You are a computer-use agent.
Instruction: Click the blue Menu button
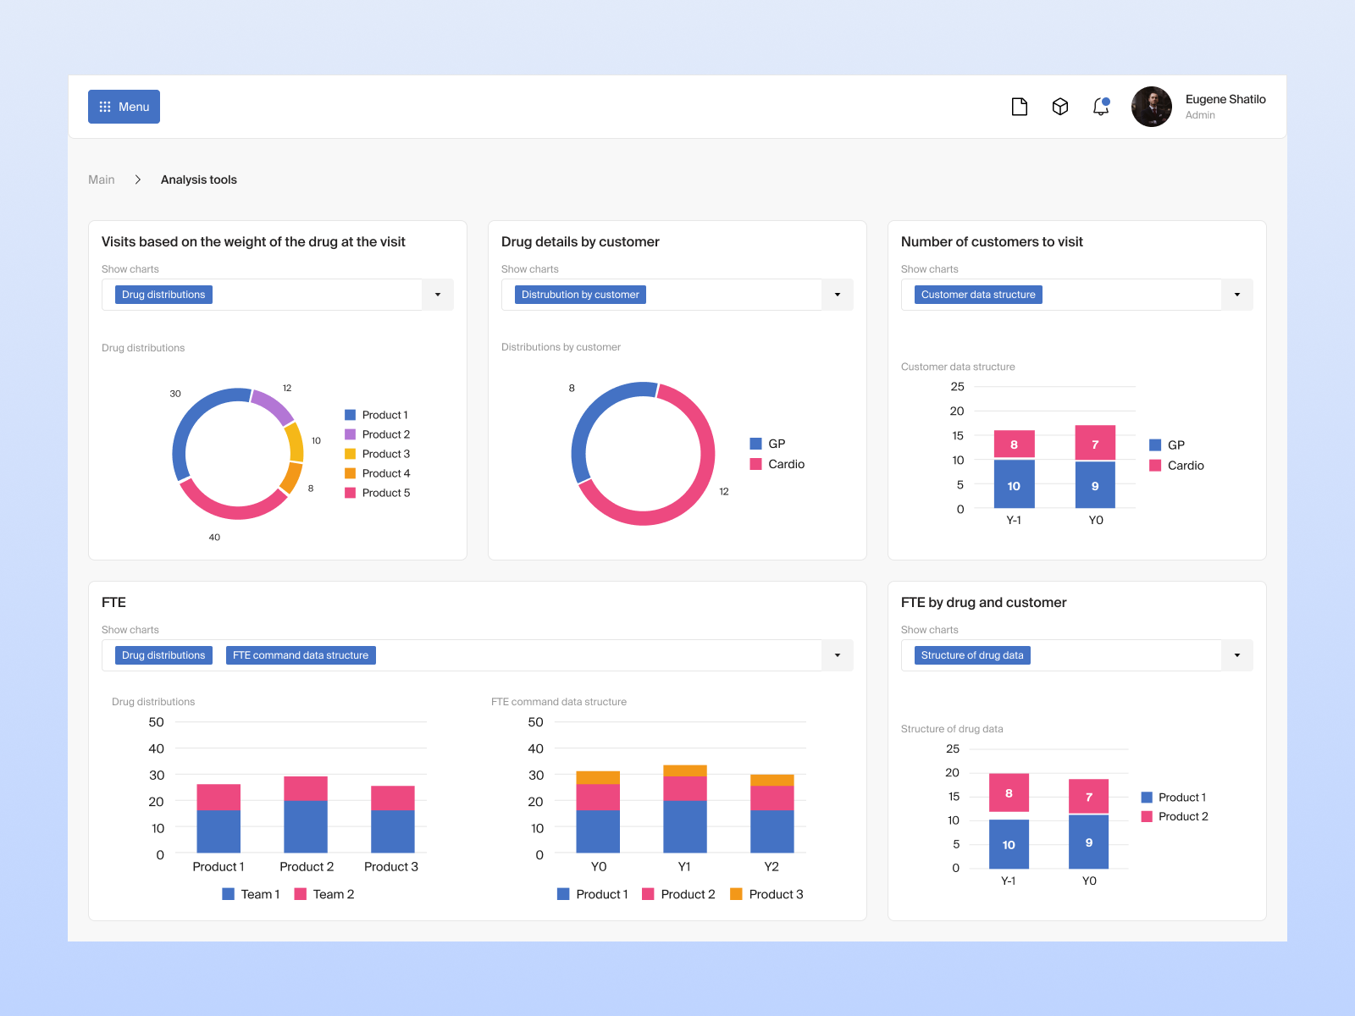[x=124, y=107]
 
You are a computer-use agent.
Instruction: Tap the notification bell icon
[x=1101, y=107]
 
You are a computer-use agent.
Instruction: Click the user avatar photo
[x=1152, y=107]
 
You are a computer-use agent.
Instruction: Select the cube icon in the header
[x=1060, y=107]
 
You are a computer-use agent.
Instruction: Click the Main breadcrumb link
[x=102, y=179]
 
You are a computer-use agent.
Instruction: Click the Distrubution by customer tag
[x=580, y=295]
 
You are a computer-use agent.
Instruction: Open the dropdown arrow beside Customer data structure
[x=1237, y=295]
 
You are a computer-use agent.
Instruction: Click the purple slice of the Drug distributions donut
[x=273, y=405]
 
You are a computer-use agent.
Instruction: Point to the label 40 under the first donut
[x=214, y=538]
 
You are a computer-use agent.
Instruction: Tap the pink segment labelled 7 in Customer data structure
[x=1095, y=444]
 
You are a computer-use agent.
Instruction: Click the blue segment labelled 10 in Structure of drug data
[x=1009, y=844]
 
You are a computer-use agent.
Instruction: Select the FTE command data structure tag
[x=301, y=655]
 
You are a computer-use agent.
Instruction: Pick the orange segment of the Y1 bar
[x=684, y=770]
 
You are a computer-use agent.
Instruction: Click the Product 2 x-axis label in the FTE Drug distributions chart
[x=307, y=867]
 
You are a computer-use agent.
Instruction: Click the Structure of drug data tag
[x=972, y=655]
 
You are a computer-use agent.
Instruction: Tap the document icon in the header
[x=1020, y=107]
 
